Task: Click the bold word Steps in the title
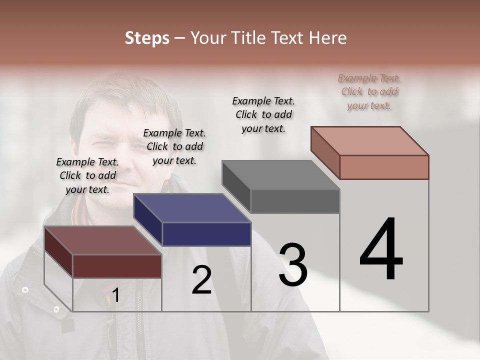pyautogui.click(x=147, y=38)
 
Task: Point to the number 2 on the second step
pyautogui.click(x=202, y=280)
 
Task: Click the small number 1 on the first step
pyautogui.click(x=116, y=295)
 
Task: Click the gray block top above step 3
pyautogui.click(x=281, y=175)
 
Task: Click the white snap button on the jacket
pyautogui.click(x=25, y=289)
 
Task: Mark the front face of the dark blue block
pyautogui.click(x=206, y=234)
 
